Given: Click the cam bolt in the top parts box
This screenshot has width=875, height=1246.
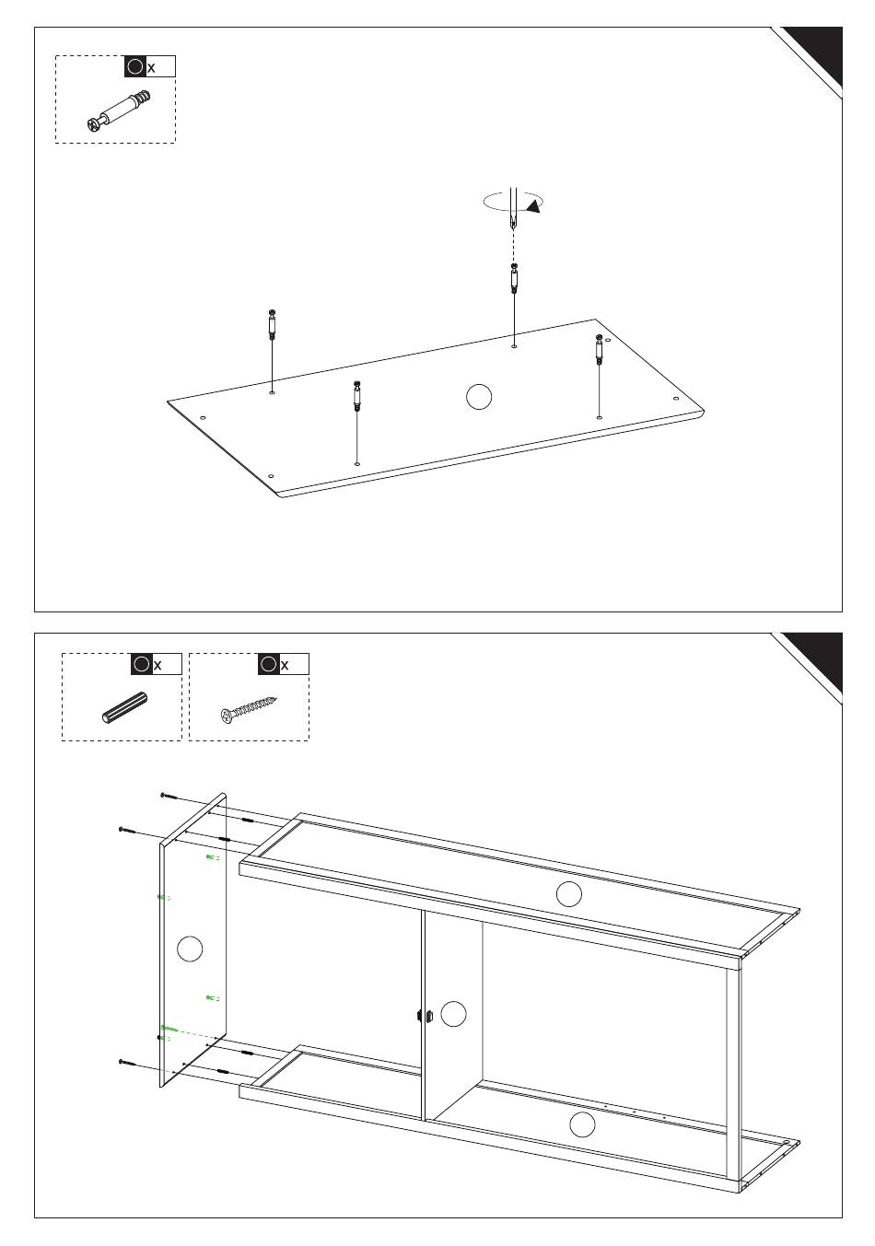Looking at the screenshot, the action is coord(119,111).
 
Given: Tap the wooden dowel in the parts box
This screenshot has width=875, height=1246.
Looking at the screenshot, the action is coord(125,707).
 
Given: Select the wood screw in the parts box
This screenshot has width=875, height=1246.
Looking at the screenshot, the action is coord(249,709).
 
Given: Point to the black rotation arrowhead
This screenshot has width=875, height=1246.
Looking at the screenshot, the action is coord(535,206).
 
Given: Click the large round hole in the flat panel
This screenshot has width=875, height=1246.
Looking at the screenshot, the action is coord(478,397).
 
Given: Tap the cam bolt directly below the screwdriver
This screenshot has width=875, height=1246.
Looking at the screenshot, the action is coord(514,278).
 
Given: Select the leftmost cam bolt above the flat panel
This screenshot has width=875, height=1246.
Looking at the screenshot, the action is coord(272,325).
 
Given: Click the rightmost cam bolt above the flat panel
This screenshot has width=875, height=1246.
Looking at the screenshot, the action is coord(599,349).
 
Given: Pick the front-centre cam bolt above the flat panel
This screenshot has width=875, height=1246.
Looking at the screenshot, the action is coord(356,396).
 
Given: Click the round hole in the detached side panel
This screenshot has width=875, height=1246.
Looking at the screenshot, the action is coord(190,949).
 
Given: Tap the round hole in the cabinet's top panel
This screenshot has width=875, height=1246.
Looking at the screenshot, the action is coord(569,894).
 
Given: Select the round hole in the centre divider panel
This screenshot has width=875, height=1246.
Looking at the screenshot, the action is coord(453,1014).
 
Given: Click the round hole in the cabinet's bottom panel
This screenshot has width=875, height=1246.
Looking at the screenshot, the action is coord(582,1124).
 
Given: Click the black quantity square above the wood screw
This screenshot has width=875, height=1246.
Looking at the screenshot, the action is coord(269,664).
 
